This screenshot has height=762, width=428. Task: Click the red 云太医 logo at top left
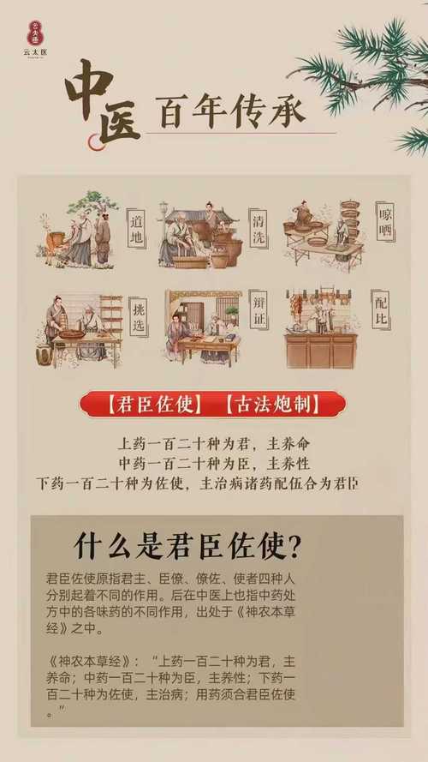[x=36, y=33]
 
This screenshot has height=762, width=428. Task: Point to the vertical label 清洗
[x=258, y=228]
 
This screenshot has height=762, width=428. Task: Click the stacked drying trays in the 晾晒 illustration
[x=351, y=220]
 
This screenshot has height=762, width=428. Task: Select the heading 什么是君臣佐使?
[x=193, y=545]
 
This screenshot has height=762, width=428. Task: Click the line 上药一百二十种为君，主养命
[x=213, y=446]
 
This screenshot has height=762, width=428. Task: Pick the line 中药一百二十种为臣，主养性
[x=213, y=465]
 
